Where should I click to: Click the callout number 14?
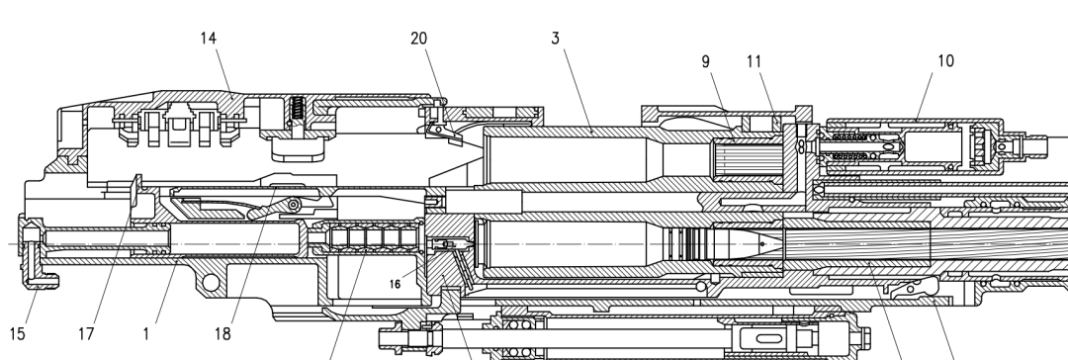[x=209, y=39]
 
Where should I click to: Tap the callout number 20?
[x=419, y=39]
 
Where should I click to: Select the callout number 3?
[x=555, y=39]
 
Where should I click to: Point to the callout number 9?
[x=706, y=61]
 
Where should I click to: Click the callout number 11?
[x=754, y=61]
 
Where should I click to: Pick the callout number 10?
[x=945, y=60]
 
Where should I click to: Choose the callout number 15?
[x=18, y=333]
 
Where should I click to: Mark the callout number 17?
[x=86, y=333]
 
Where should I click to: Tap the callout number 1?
[x=145, y=333]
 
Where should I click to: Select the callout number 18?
[x=222, y=333]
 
